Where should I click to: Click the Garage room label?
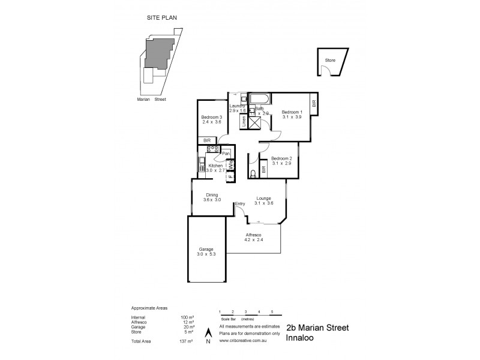tap(206, 249)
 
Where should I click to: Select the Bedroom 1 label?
tap(292, 112)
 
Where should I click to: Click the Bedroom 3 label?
tap(211, 117)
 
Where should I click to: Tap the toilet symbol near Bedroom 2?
tap(254, 173)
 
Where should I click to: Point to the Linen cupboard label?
tap(244, 121)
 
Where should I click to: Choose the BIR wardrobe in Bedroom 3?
tap(207, 140)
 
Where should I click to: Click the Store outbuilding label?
tap(329, 60)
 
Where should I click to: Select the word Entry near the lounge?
tap(240, 204)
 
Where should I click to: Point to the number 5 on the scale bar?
tap(272, 312)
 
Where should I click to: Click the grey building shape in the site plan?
tap(160, 54)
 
